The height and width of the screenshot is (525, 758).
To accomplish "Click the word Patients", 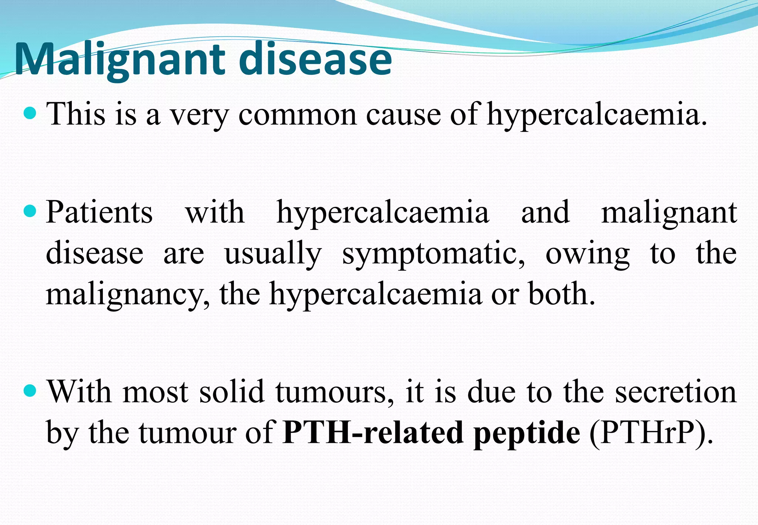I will coord(99,213).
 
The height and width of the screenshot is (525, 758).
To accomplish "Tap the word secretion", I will coord(676,392).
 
